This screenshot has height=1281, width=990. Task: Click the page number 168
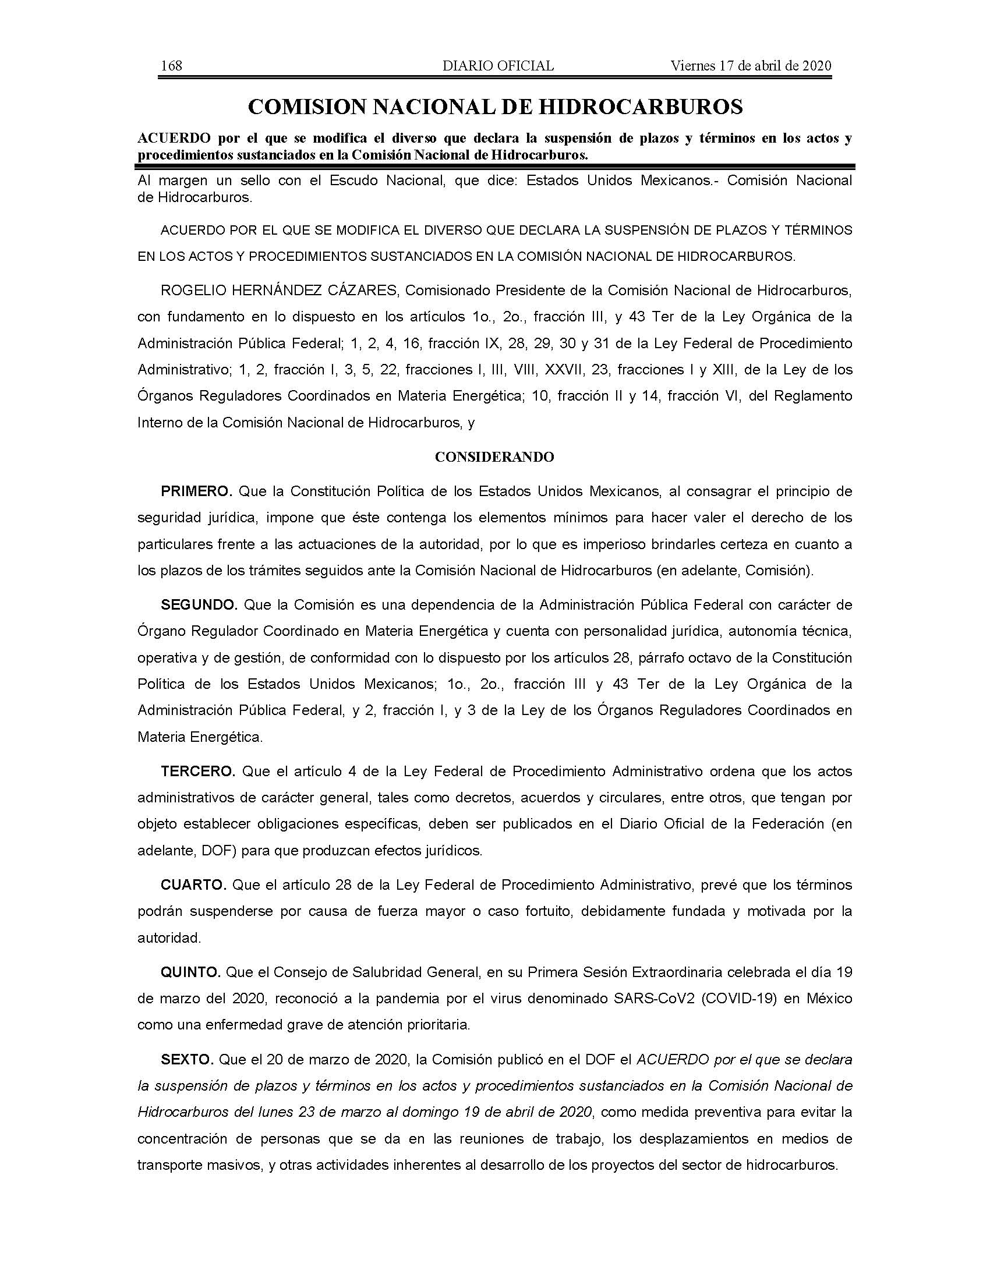click(171, 66)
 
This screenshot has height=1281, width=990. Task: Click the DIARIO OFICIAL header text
click(498, 66)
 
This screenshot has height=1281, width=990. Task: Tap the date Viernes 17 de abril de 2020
click(751, 66)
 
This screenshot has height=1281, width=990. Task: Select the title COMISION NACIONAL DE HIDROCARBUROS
click(496, 107)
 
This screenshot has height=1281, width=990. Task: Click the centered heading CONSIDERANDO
click(494, 458)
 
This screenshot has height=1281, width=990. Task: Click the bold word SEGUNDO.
click(199, 605)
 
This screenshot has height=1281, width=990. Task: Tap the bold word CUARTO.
click(193, 885)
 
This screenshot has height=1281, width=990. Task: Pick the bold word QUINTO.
click(190, 972)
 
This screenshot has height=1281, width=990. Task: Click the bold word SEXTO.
click(186, 1060)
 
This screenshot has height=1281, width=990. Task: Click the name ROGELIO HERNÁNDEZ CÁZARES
click(279, 291)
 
